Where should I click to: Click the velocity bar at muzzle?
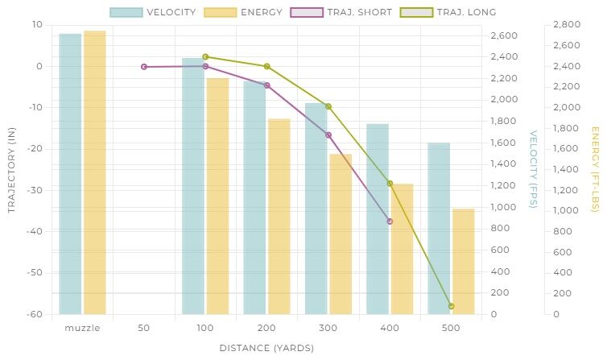[70, 173]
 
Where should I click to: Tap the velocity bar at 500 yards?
[439, 228]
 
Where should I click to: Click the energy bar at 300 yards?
[341, 234]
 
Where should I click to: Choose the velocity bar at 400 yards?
[378, 218]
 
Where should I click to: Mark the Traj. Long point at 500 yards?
[451, 306]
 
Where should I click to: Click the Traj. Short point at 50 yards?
[144, 67]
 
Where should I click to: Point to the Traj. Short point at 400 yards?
[390, 221]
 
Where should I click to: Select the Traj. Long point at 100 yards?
[205, 57]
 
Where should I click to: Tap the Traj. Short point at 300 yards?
[328, 134]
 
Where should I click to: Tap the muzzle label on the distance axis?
[82, 328]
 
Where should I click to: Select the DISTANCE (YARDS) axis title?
[266, 348]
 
